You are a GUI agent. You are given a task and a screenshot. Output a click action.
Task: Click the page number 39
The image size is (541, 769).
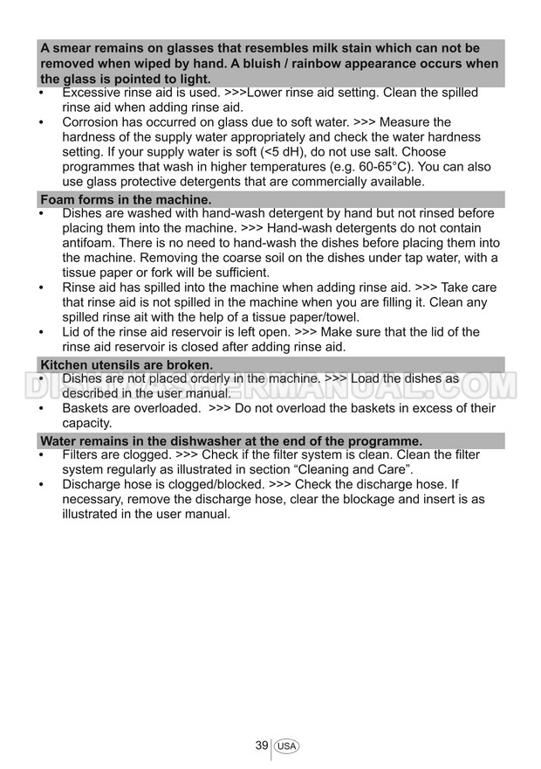click(x=261, y=745)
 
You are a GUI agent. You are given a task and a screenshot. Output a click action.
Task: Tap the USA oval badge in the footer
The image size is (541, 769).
click(x=286, y=746)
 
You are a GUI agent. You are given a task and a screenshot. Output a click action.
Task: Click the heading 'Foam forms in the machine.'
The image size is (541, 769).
click(x=126, y=200)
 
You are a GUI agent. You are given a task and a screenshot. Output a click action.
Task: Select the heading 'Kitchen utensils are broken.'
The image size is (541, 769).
click(x=127, y=364)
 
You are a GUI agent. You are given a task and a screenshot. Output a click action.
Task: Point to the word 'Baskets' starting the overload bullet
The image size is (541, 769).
click(x=86, y=408)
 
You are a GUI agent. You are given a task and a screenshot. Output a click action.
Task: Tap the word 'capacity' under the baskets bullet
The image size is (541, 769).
click(x=86, y=423)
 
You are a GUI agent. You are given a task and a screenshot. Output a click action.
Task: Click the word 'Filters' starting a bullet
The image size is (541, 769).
click(x=82, y=455)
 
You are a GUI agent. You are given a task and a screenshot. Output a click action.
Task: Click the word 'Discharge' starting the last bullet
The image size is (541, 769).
click(x=92, y=485)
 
